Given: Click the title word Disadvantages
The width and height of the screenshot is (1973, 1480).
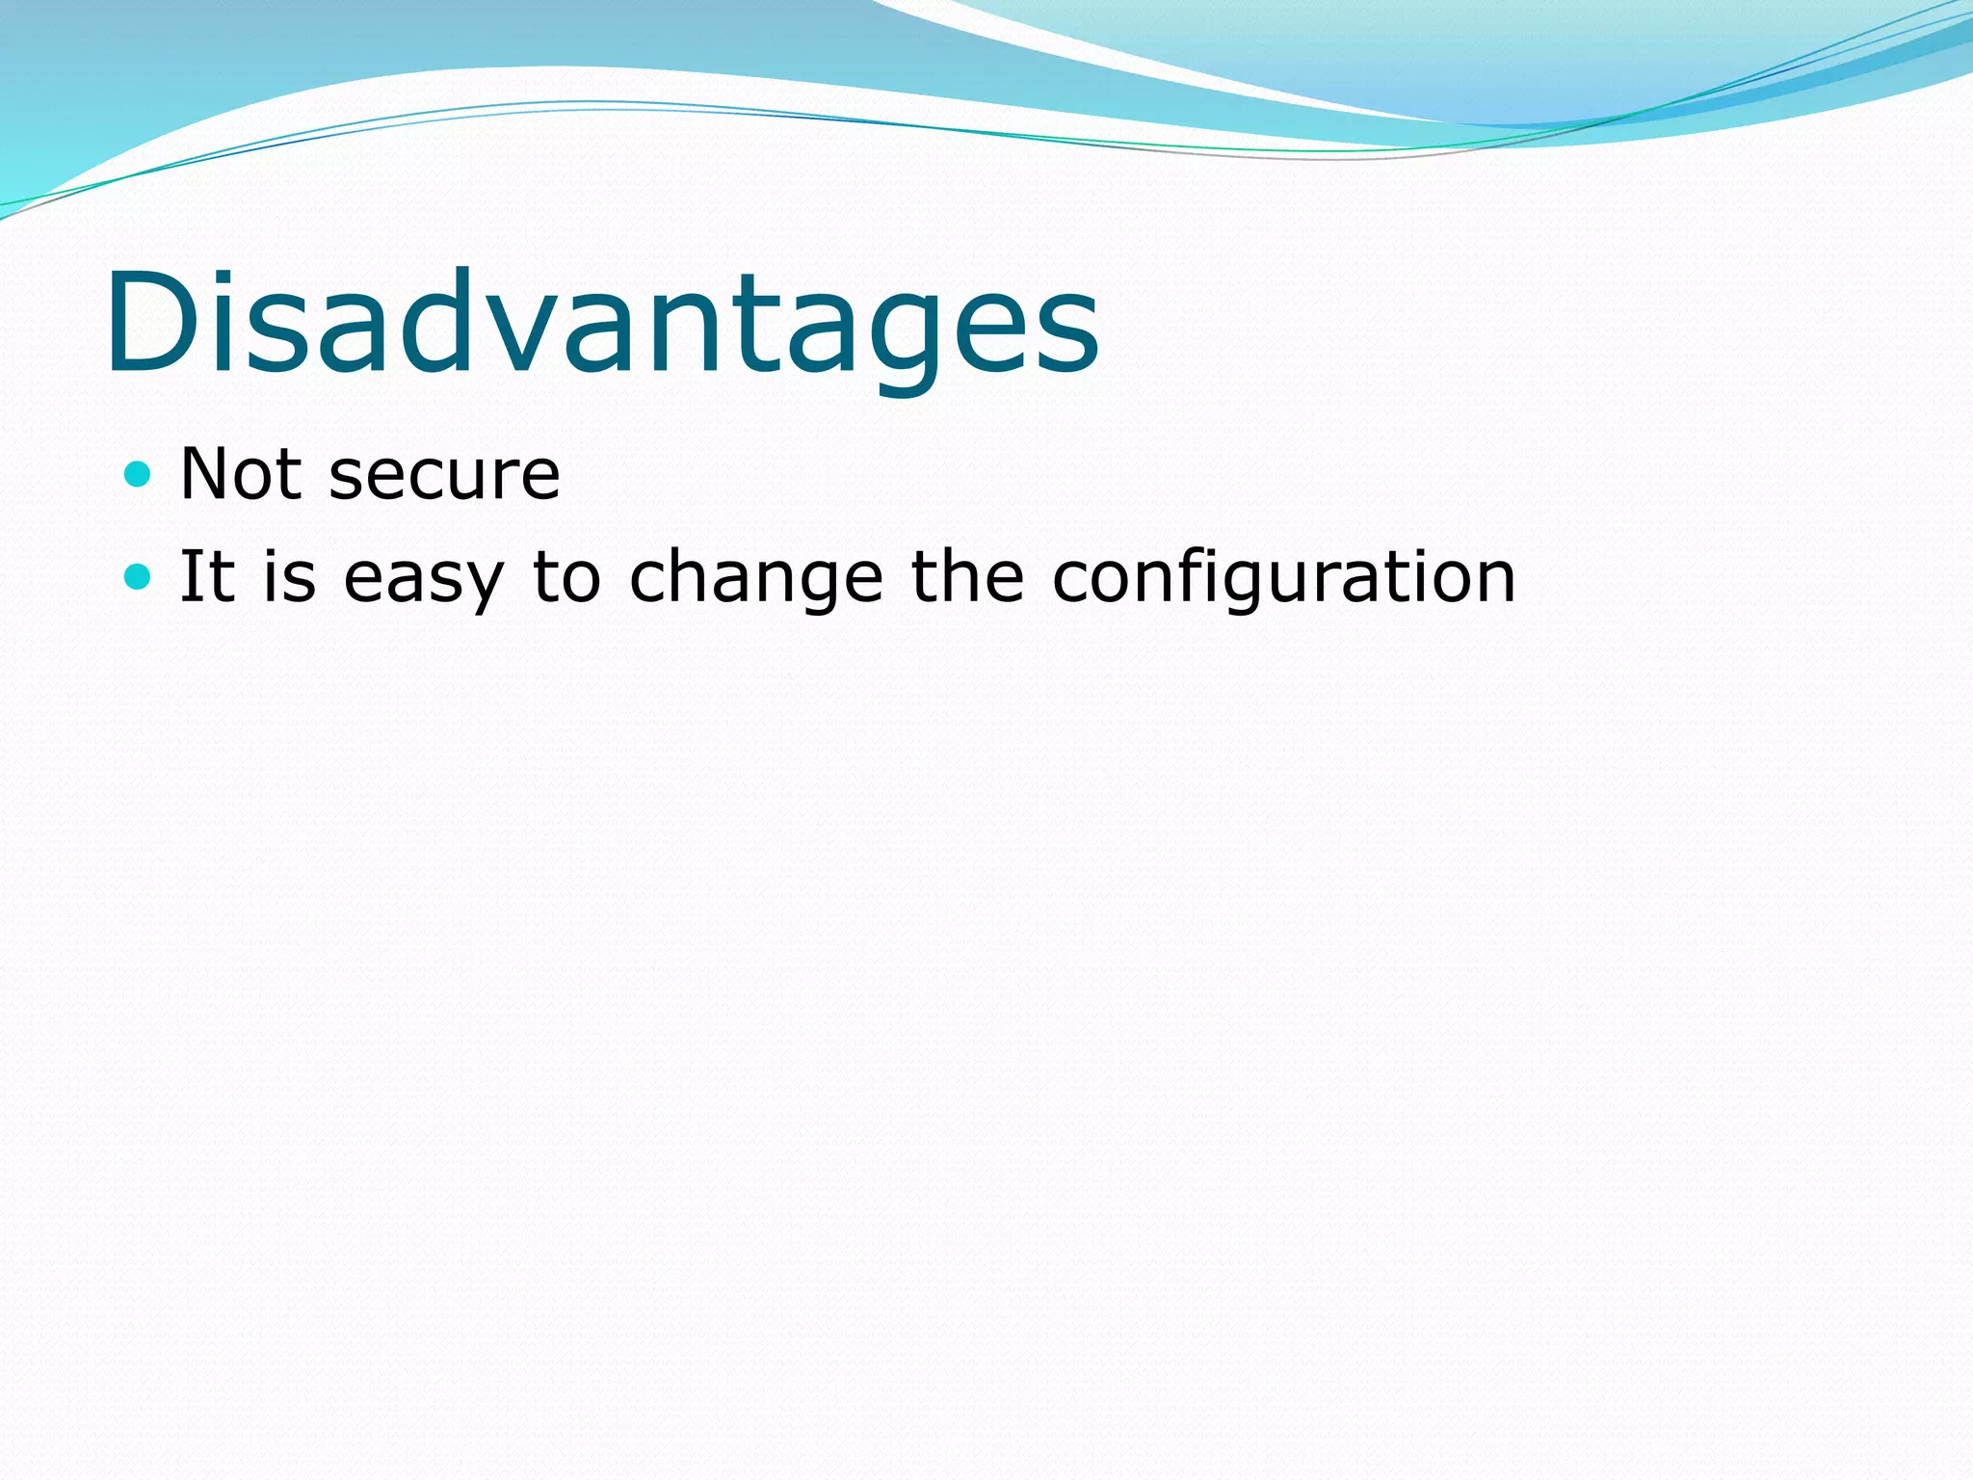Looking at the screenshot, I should pos(602,323).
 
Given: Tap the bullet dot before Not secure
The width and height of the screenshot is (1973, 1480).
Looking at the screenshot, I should pos(139,474).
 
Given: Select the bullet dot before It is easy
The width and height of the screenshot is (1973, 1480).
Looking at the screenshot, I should pos(139,576).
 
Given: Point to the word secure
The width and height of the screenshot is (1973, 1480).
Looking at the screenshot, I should pos(444,476).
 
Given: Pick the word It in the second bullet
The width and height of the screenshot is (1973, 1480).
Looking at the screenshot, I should pos(207,576).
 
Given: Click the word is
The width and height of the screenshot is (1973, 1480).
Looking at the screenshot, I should pos(289,576).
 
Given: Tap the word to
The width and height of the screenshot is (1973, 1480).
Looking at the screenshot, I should pos(566,576).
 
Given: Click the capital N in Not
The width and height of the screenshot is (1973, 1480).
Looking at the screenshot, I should pos(203,474).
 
